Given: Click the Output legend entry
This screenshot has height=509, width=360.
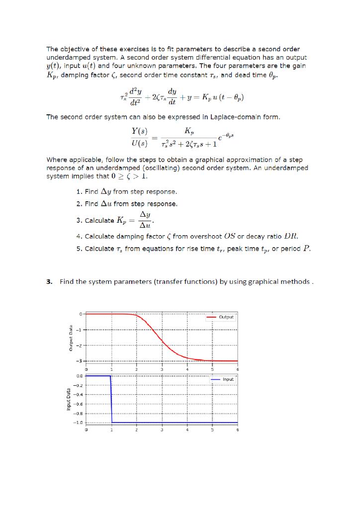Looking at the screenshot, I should (227, 316).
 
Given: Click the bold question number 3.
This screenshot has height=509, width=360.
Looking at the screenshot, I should (49, 282).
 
